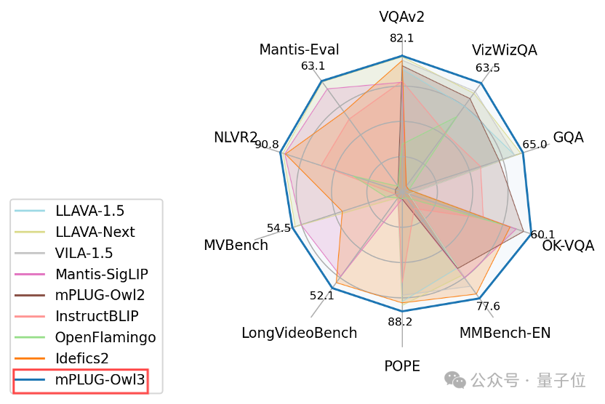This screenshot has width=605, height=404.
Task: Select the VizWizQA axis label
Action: click(504, 50)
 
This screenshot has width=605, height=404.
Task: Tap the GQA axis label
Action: click(568, 137)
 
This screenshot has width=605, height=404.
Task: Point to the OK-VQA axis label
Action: click(569, 246)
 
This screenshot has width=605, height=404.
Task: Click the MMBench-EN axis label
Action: click(505, 334)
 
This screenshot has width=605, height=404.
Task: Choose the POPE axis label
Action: click(402, 366)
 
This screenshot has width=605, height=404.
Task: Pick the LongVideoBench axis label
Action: click(300, 334)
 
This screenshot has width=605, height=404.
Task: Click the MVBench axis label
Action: click(236, 246)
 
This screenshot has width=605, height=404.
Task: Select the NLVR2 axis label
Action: click(236, 137)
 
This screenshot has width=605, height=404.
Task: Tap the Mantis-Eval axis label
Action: click(299, 50)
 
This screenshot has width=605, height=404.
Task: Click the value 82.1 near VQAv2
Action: click(401, 39)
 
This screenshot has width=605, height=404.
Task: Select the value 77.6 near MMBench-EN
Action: click(488, 306)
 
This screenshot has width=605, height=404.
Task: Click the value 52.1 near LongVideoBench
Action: click(321, 296)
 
